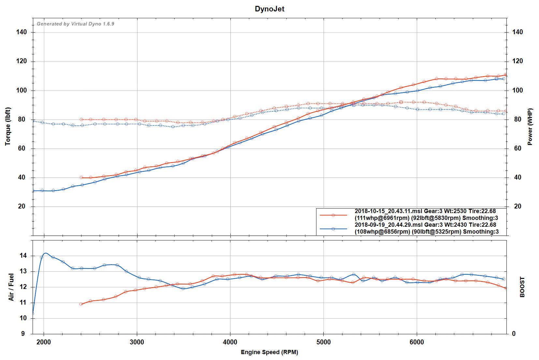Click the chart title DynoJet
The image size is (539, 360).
point(269,9)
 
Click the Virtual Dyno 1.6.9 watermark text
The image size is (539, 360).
point(75,24)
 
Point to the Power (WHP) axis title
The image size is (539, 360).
point(530,126)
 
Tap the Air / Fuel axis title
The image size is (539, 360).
point(11,287)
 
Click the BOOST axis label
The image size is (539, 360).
point(522,287)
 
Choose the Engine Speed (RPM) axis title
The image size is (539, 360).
point(269,352)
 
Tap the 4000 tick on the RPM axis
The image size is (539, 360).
point(230,342)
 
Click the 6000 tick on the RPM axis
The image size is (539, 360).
point(416,342)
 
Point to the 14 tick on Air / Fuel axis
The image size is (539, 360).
point(23,256)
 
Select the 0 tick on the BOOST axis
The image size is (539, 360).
point(514,334)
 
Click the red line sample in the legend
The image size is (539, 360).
point(333,215)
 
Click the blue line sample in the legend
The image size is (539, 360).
point(333,229)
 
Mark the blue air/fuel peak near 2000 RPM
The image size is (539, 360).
point(45,253)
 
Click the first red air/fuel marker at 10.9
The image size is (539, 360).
point(81,304)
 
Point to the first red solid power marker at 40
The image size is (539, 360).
point(81,178)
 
